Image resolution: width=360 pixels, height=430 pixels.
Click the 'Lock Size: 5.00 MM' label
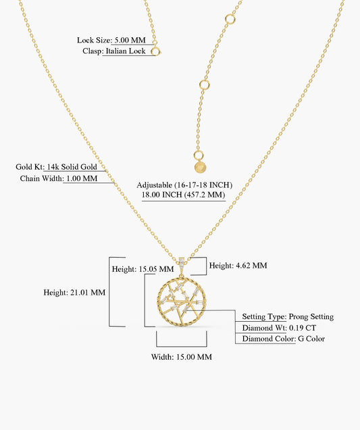(111, 40)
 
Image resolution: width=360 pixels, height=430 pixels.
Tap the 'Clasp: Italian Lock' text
(114, 51)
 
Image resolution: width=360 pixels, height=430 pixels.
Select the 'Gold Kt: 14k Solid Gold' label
(56, 167)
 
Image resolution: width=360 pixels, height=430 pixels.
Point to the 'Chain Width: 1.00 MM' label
(59, 178)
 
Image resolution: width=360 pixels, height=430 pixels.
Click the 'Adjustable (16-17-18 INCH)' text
(184, 185)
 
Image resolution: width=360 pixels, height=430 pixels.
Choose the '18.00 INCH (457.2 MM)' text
(183, 195)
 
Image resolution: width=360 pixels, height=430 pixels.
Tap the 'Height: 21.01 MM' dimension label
(74, 292)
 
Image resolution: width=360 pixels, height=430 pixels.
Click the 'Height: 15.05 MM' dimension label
(143, 269)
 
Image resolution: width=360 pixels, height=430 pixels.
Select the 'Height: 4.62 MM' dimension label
(238, 266)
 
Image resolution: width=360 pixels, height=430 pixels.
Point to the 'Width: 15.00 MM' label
(182, 357)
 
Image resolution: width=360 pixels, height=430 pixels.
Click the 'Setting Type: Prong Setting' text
(288, 316)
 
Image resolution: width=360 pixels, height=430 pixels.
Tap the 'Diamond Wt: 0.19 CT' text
(279, 328)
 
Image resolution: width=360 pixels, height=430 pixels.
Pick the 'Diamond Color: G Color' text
(283, 339)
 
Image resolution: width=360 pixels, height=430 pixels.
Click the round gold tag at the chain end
(201, 167)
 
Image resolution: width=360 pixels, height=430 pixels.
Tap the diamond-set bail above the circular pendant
(182, 263)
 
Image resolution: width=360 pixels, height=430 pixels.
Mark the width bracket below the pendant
(182, 347)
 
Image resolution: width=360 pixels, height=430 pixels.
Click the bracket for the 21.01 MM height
(109, 292)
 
